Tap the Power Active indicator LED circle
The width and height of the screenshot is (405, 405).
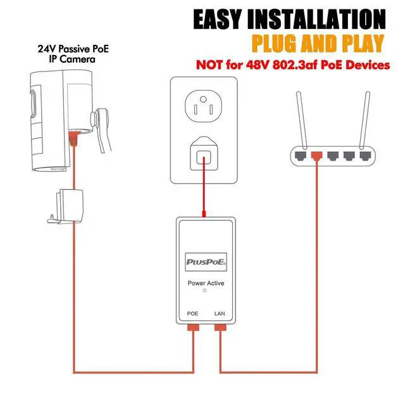click(x=204, y=292)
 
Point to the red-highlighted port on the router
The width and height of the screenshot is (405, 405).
click(x=316, y=154)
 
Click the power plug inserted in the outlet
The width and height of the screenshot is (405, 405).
click(x=203, y=154)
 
